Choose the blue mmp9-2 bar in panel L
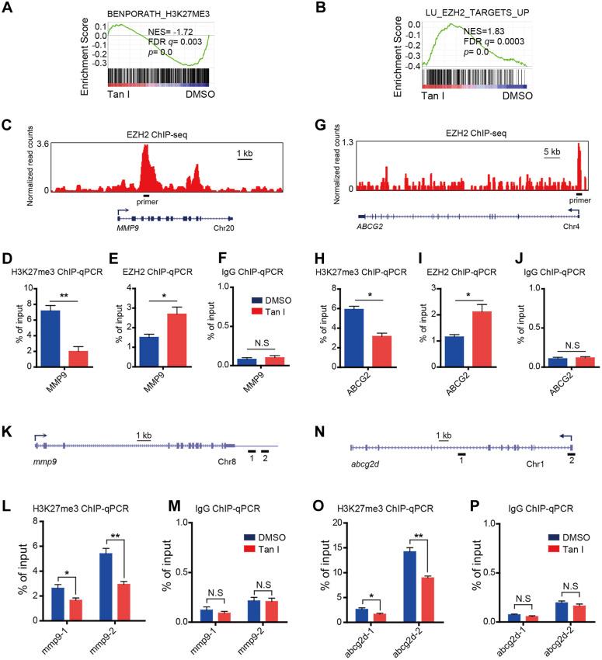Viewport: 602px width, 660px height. (x=106, y=587)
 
